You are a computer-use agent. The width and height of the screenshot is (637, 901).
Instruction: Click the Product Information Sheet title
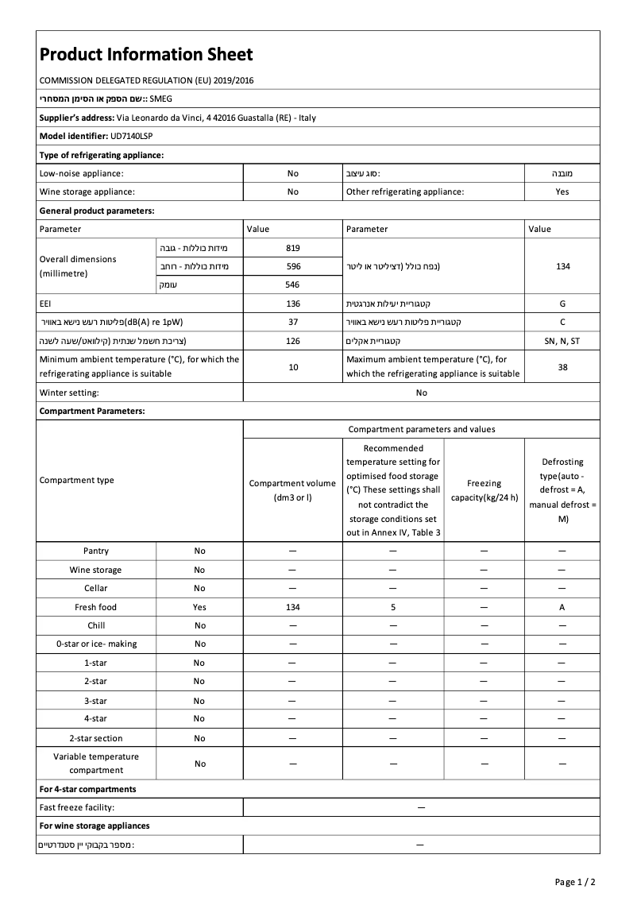(x=146, y=54)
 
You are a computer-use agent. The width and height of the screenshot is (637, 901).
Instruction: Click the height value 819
(x=293, y=248)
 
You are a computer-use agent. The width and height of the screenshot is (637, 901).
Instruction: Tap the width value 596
(x=293, y=266)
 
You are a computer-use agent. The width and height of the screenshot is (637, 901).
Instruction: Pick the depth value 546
(x=293, y=284)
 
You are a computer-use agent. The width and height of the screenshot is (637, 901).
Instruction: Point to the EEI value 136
(x=293, y=304)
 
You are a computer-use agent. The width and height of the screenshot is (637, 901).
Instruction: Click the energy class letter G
(x=562, y=304)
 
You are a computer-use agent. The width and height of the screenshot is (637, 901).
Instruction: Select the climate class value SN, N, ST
(x=562, y=341)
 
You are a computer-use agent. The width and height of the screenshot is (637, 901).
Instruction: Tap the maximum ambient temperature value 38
(x=562, y=367)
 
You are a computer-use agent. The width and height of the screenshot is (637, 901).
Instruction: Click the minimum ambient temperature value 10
(x=293, y=367)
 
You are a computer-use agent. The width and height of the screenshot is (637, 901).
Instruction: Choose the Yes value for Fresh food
(x=199, y=607)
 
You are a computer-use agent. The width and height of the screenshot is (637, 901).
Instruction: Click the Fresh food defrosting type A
(x=562, y=607)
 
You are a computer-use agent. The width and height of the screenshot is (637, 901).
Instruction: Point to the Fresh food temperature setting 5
(x=393, y=607)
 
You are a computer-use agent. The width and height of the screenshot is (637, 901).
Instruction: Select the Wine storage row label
(x=96, y=570)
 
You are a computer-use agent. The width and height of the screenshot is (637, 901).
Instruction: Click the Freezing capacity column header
(x=484, y=490)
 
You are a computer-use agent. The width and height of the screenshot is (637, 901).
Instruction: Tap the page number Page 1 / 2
(x=575, y=882)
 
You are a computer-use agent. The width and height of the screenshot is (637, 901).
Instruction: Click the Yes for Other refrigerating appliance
(x=562, y=191)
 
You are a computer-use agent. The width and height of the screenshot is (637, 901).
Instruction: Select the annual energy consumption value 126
(x=293, y=341)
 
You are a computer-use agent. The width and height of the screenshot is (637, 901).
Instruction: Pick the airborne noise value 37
(x=293, y=322)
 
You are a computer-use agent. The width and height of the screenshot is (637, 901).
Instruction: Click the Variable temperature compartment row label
(x=96, y=764)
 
